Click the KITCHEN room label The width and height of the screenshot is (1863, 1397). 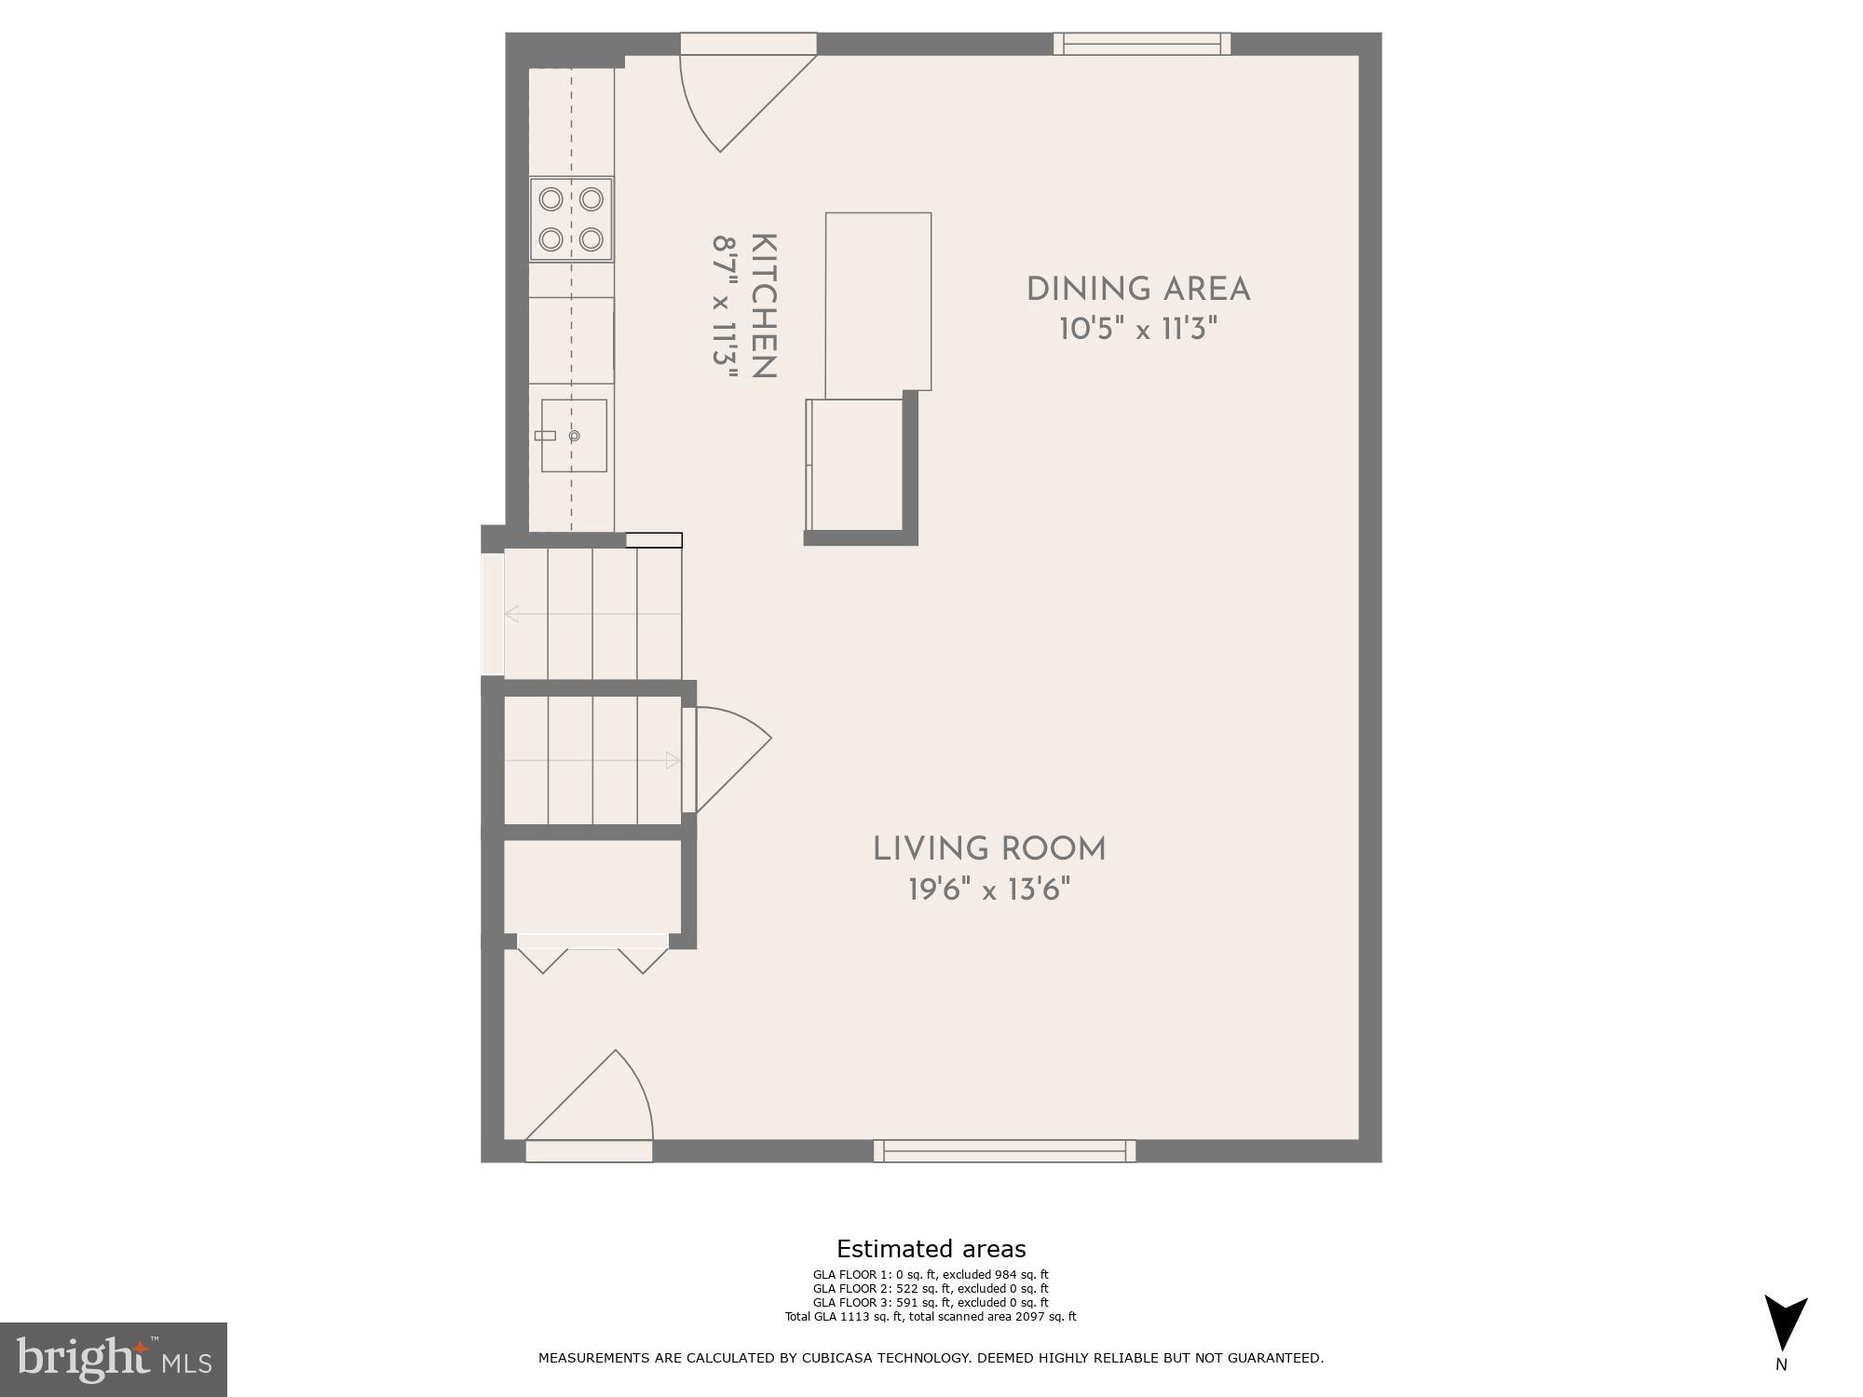[763, 306]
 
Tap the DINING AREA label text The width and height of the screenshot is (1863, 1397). [1137, 290]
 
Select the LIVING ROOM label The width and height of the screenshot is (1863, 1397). [988, 849]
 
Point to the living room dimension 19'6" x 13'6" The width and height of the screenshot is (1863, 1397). [988, 890]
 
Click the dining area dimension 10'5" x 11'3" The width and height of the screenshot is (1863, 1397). [1137, 330]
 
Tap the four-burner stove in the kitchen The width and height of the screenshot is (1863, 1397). [571, 220]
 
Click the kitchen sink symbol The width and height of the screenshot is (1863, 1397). [574, 436]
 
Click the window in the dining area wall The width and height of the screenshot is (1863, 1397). [1142, 44]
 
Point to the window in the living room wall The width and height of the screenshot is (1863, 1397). [1004, 1151]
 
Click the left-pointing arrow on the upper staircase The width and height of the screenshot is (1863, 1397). [512, 614]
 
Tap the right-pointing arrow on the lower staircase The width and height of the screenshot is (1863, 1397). [673, 761]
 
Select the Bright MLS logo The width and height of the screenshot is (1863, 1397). [113, 1359]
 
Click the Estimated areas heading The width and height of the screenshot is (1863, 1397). [931, 1249]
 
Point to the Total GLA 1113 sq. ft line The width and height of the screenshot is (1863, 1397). [931, 1317]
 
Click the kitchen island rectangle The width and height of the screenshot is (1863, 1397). [877, 301]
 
